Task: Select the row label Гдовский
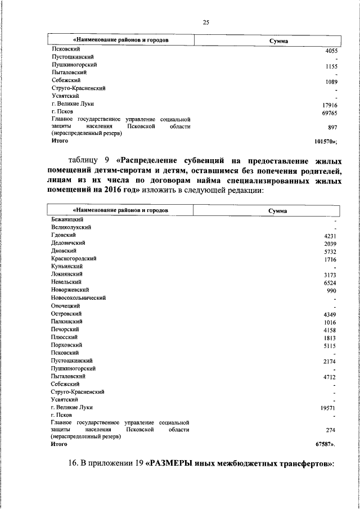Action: (64, 235)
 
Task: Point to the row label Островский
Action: (66, 313)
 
